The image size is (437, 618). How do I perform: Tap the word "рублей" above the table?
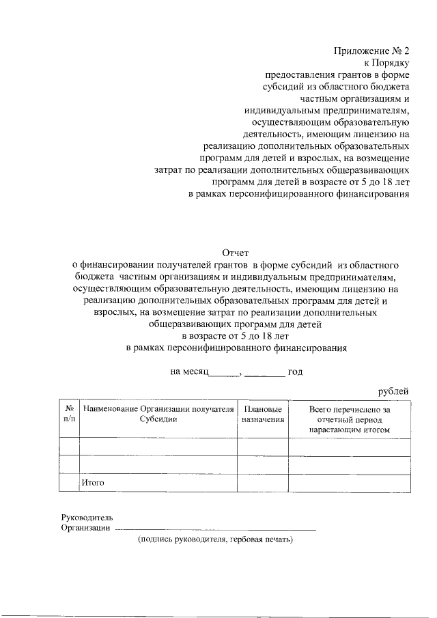coord(393,391)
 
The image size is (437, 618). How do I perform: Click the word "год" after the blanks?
coord(295,372)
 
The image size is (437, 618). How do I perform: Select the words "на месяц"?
coord(188,372)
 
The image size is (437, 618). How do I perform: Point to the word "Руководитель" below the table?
coord(82,517)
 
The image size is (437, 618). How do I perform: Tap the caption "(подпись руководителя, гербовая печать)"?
coord(215,539)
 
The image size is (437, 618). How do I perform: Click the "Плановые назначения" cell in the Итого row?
coord(262,483)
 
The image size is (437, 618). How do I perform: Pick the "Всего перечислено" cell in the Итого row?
coord(349,483)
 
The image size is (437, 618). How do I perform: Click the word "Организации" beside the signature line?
coord(85,527)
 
